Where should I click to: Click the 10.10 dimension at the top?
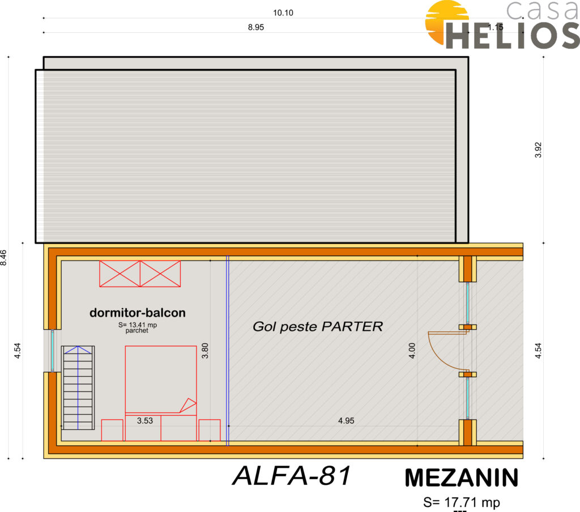click(x=283, y=13)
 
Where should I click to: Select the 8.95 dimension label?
click(x=256, y=27)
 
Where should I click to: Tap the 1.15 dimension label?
click(x=495, y=27)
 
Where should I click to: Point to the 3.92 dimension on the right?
click(x=538, y=150)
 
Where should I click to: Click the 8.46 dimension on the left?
click(x=3, y=258)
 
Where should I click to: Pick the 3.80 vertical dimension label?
click(x=205, y=351)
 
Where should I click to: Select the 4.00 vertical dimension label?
click(x=412, y=351)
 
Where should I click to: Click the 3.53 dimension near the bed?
click(x=145, y=421)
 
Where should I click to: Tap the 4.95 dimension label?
click(x=346, y=421)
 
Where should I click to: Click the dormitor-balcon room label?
click(x=138, y=313)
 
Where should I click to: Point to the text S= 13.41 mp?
click(x=138, y=325)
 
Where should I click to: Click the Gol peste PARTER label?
click(x=318, y=327)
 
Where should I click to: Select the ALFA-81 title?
click(x=292, y=476)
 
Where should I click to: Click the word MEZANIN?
click(x=462, y=478)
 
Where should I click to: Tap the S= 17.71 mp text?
click(x=462, y=502)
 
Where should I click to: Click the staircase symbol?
click(x=78, y=388)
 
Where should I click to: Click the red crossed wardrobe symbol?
click(x=140, y=274)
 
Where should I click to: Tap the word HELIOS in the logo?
click(x=513, y=36)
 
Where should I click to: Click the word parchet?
click(x=137, y=331)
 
